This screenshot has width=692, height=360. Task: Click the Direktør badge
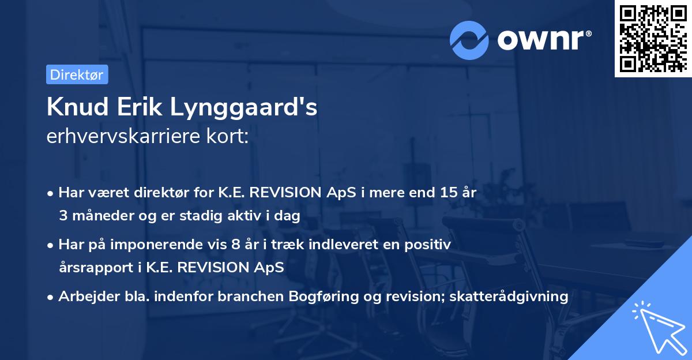pyautogui.click(x=77, y=74)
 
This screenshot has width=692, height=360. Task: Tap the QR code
pyautogui.click(x=653, y=38)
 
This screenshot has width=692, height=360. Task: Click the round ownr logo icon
pyautogui.click(x=469, y=40)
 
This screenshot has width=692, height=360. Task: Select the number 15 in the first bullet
pyautogui.click(x=447, y=193)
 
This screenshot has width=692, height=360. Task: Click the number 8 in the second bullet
pyautogui.click(x=235, y=245)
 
